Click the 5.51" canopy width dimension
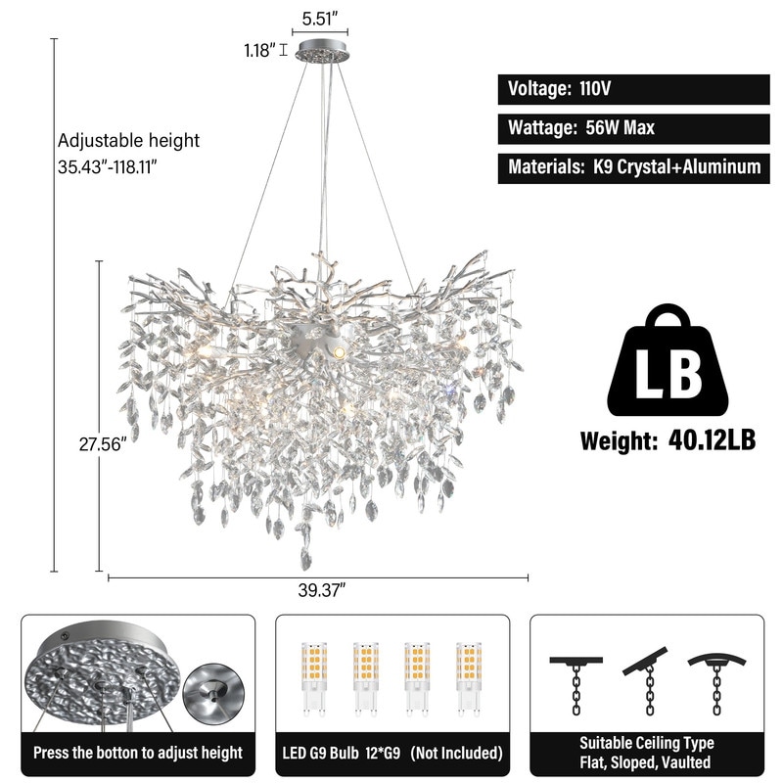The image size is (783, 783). tap(320, 19)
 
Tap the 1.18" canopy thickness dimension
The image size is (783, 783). tap(259, 51)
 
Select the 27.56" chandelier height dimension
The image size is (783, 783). tap(100, 444)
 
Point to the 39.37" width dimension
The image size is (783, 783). tap(322, 590)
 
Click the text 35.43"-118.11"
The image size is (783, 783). tap(108, 166)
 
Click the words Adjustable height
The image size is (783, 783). tap(128, 141)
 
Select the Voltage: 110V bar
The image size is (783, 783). tap(633, 89)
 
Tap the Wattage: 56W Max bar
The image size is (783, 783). tap(633, 129)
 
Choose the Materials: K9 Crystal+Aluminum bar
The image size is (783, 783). tap(633, 168)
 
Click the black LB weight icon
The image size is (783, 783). tap(668, 361)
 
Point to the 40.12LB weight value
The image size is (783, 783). tap(712, 440)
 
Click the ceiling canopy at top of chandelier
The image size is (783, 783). tap(322, 51)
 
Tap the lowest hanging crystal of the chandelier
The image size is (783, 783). tap(305, 558)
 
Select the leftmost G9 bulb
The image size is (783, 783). tap(313, 678)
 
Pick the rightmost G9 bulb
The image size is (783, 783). tap(469, 678)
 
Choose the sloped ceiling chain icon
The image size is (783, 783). tap(646, 682)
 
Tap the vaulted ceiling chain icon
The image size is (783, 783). tap(717, 684)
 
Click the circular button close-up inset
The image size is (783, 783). tap(213, 693)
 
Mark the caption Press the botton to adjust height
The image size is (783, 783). tap(138, 753)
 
